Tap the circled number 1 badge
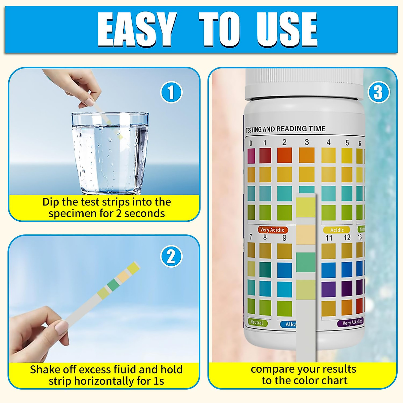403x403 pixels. tap(171, 93)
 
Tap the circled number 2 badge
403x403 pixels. tap(171, 257)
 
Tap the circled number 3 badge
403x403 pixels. tap(378, 92)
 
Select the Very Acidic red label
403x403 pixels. tap(272, 230)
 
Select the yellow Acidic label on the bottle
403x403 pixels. tap(337, 230)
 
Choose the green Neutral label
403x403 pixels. tap(257, 322)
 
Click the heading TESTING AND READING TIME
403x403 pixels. tap(285, 129)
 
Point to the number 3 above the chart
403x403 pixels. tap(306, 142)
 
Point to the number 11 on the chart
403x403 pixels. tap(328, 238)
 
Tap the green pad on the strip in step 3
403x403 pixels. tap(306, 262)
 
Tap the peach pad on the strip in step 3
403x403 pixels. tap(306, 235)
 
